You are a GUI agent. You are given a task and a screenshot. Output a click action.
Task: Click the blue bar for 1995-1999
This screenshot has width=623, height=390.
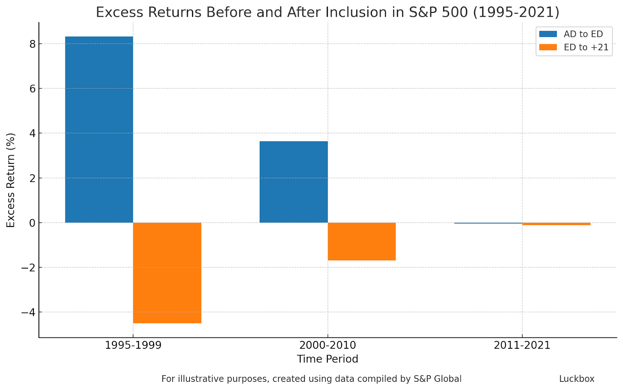(x=99, y=130)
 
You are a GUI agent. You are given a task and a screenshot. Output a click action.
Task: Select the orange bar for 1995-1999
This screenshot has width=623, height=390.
(x=167, y=272)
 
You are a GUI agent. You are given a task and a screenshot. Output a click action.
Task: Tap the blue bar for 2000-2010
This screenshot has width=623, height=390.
(x=294, y=182)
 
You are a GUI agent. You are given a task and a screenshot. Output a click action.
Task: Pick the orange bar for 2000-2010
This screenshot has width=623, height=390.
(x=362, y=241)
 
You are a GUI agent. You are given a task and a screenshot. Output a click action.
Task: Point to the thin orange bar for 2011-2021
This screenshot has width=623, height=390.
(x=556, y=224)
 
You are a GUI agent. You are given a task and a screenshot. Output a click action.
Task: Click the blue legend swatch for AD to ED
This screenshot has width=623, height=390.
(x=548, y=34)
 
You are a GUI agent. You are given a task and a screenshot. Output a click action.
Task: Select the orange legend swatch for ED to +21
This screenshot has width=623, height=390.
(x=548, y=47)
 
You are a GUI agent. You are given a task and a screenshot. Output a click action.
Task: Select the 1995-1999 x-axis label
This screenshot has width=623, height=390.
(x=133, y=345)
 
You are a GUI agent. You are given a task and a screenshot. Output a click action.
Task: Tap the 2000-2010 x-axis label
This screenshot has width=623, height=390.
(x=327, y=345)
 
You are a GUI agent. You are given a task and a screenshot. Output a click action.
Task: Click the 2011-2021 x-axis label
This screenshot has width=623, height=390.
(x=522, y=345)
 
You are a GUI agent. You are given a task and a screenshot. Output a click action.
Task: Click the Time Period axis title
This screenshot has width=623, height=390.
(x=327, y=359)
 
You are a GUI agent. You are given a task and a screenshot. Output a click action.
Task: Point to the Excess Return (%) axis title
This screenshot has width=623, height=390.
(x=11, y=180)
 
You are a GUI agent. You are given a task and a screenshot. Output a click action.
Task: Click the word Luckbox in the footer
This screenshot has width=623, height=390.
(x=577, y=379)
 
